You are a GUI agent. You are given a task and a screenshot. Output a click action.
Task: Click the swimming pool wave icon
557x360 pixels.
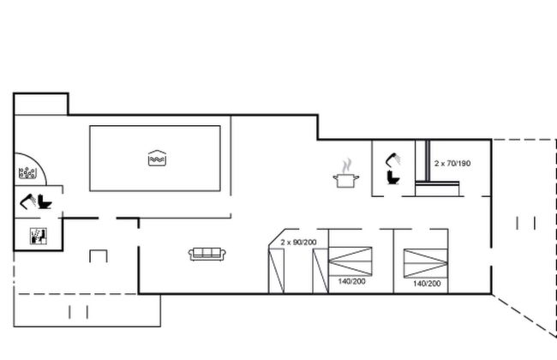pyautogui.click(x=157, y=159)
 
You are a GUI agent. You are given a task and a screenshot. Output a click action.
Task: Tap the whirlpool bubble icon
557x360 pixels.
pyautogui.click(x=27, y=173)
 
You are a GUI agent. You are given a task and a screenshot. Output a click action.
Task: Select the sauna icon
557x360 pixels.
pyautogui.click(x=39, y=236)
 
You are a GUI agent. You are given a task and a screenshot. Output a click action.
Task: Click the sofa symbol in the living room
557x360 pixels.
pyautogui.click(x=207, y=254)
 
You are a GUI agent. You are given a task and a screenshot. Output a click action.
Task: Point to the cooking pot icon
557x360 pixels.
pyautogui.click(x=346, y=180)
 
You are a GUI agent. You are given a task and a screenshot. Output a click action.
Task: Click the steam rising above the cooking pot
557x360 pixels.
pyautogui.click(x=347, y=165)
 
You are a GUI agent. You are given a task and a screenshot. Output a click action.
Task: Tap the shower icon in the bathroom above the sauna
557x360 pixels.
pyautogui.click(x=27, y=201)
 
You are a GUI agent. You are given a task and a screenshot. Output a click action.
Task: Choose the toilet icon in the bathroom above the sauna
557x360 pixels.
pyautogui.click(x=45, y=201)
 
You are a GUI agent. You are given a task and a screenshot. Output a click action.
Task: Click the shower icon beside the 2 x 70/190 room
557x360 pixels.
pyautogui.click(x=393, y=159)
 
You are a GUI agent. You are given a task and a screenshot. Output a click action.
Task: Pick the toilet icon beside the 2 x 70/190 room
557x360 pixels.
pyautogui.click(x=393, y=177)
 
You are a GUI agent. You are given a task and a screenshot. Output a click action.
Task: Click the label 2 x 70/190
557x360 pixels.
pyautogui.click(x=452, y=164)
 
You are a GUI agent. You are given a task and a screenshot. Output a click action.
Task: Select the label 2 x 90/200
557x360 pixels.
pyautogui.click(x=298, y=243)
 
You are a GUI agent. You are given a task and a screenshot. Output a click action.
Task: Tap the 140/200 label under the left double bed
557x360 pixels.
pyautogui.click(x=351, y=281)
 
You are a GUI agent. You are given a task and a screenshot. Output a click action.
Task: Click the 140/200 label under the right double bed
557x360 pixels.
pyautogui.click(x=427, y=284)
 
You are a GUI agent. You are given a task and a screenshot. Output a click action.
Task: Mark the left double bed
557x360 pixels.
pyautogui.click(x=350, y=261)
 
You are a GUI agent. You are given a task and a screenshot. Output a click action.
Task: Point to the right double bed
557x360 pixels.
pyautogui.click(x=426, y=263)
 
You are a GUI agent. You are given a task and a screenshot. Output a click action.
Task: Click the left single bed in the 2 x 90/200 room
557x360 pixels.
pyautogui.click(x=277, y=271)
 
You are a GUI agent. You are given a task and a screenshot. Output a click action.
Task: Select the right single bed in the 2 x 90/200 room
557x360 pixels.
pyautogui.click(x=320, y=271)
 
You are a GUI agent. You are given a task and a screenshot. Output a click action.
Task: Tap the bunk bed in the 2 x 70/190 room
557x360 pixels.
pyautogui.click(x=437, y=168)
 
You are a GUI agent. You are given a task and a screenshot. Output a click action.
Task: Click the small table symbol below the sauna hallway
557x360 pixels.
pyautogui.click(x=99, y=256)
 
